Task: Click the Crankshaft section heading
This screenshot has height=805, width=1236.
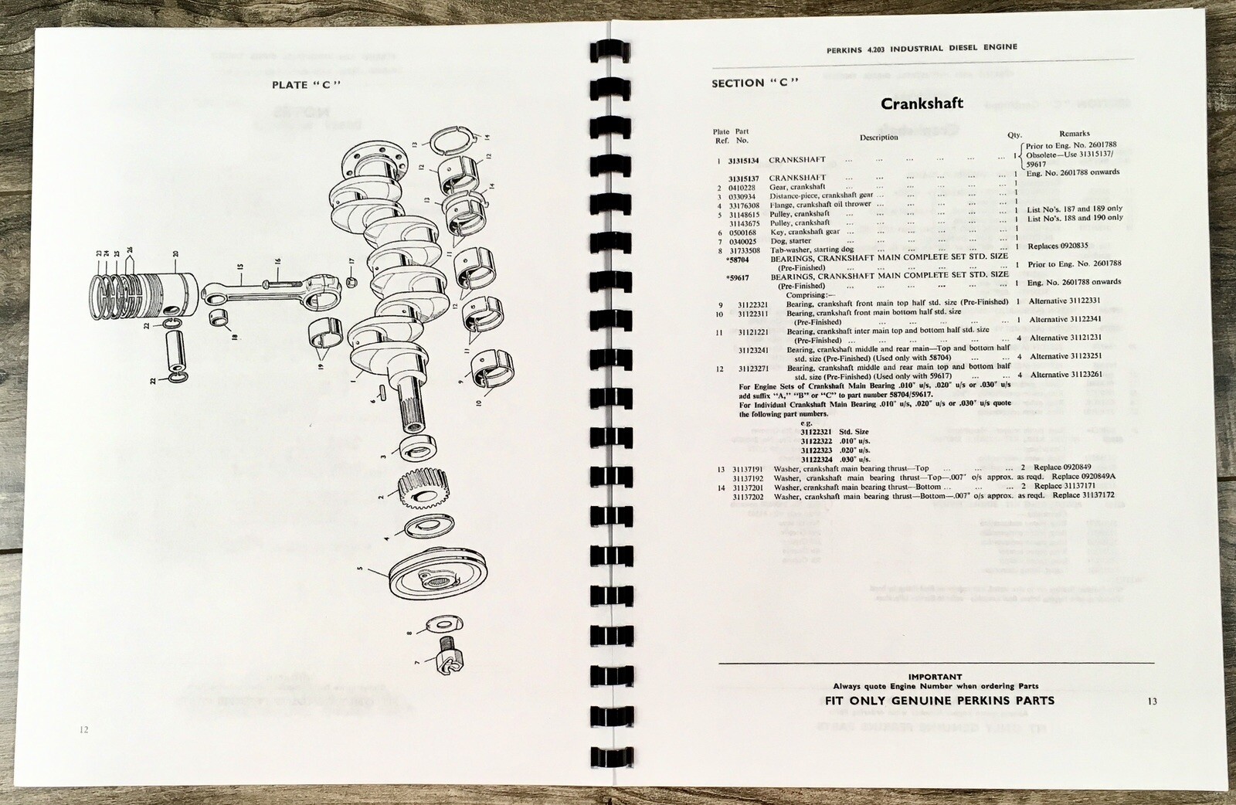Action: (x=922, y=104)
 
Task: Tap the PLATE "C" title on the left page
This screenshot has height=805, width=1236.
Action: (x=307, y=85)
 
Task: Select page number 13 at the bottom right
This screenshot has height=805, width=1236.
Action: (x=1152, y=701)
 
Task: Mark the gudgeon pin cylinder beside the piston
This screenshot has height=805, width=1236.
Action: (x=178, y=350)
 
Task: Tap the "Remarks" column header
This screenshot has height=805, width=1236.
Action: (x=1075, y=134)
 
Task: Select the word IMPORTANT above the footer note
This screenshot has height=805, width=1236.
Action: (x=935, y=677)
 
